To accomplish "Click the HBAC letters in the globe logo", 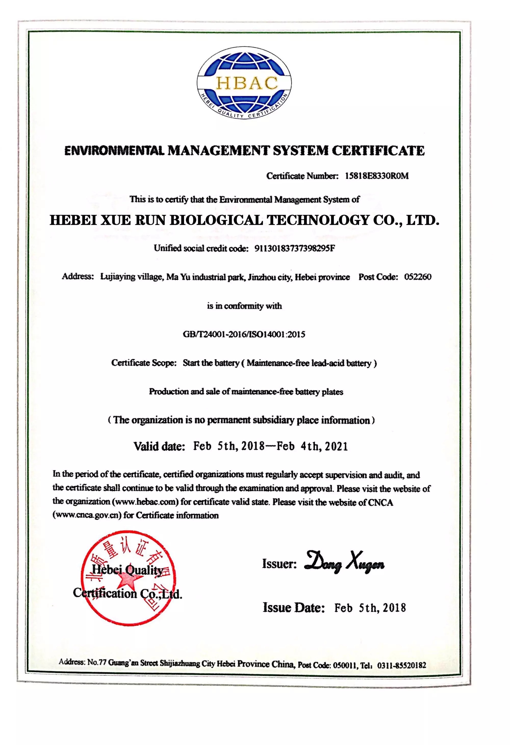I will (247, 83).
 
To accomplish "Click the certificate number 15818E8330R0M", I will (377, 176).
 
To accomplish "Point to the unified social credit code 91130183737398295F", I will (295, 249).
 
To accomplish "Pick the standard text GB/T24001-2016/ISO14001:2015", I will (244, 334).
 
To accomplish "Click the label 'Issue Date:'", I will (294, 607).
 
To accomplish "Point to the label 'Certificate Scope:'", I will (144, 363).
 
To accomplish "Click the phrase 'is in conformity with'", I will (244, 306).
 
